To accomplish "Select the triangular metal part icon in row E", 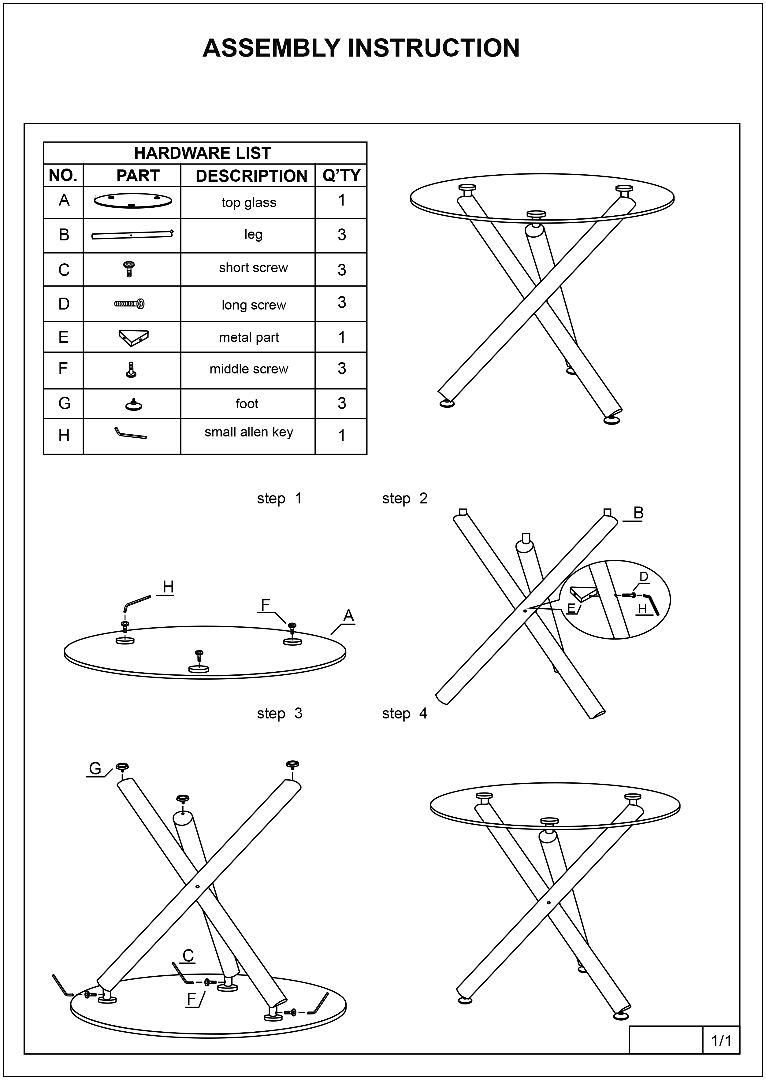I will coord(133,337).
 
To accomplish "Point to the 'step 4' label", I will coord(404,714).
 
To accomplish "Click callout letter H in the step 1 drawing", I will coord(168,587).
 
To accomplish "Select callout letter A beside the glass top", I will coord(348,616).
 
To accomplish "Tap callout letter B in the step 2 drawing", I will coord(638,513).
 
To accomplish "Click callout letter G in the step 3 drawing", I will coord(95,769).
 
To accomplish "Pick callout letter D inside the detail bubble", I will coord(643,577).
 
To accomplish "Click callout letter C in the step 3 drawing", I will coord(188,956).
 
